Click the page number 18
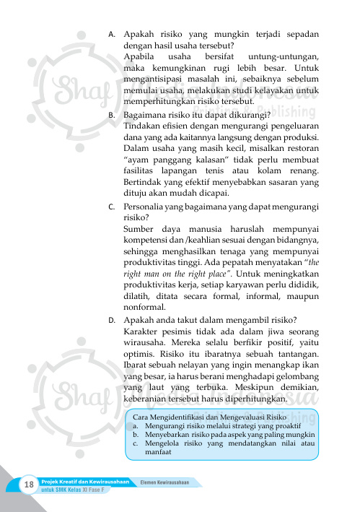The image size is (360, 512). click(x=30, y=483)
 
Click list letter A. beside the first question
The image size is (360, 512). click(x=111, y=34)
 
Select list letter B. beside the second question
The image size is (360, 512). click(x=111, y=114)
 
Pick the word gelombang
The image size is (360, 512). click(x=297, y=378)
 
